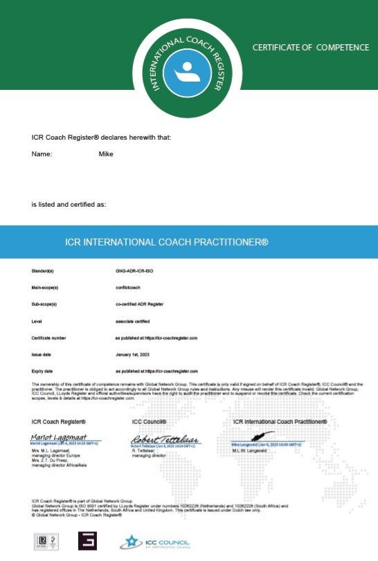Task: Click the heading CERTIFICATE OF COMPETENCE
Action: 310,48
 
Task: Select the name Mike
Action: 106,154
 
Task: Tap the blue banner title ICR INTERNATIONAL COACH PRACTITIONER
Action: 165,243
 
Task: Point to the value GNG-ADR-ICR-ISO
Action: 134,270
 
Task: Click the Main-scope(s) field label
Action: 45,287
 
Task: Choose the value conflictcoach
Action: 128,287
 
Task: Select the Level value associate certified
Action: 132,321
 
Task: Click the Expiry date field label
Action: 42,371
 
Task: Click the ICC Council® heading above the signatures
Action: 149,421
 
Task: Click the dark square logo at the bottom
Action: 87,542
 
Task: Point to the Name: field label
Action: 42,154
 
